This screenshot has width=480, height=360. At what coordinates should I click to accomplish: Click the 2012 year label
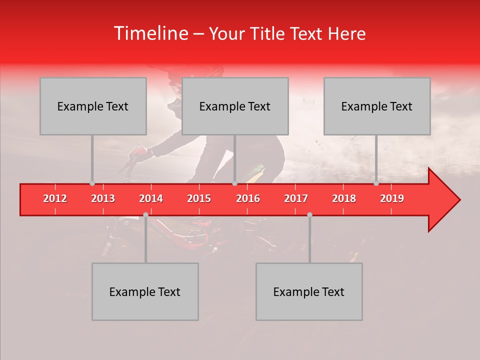tap(55, 198)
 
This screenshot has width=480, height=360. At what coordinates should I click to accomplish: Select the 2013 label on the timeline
tap(103, 198)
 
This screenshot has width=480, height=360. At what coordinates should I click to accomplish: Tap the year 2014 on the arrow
tap(151, 198)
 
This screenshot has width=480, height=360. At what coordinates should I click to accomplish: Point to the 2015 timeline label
tap(199, 198)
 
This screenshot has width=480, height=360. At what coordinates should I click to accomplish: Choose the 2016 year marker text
tap(248, 198)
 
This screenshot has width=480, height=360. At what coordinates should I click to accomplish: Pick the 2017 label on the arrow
tap(296, 198)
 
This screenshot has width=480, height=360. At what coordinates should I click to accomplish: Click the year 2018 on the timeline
tap(344, 198)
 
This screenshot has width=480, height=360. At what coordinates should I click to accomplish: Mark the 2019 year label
tap(392, 198)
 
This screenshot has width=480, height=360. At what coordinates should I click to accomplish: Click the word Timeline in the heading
tap(150, 33)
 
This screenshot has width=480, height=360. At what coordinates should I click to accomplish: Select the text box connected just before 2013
tap(93, 106)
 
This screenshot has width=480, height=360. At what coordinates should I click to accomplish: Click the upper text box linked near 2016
tap(235, 106)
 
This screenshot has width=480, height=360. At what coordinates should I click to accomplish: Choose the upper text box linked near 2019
tap(377, 106)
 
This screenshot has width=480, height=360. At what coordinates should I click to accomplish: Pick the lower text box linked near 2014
tap(145, 291)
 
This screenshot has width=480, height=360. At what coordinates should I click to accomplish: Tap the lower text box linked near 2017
tap(309, 291)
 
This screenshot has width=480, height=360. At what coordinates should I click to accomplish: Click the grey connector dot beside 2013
tap(92, 183)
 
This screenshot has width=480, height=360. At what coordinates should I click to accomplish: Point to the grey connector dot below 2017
tap(309, 214)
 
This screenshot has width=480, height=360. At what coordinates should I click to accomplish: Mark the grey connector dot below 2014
tap(145, 214)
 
